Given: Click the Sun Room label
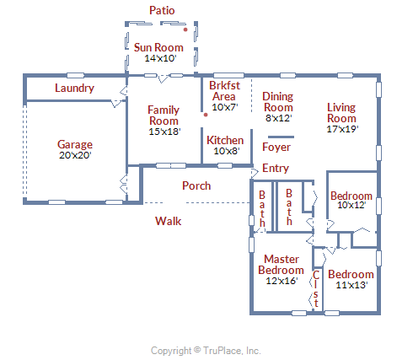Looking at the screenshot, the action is (158, 47).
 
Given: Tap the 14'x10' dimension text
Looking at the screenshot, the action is (160, 58).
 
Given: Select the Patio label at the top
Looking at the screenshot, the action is (162, 10).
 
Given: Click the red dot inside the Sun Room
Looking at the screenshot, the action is (185, 30).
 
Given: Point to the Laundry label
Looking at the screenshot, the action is (74, 88).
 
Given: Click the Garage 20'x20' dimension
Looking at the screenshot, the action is (75, 155).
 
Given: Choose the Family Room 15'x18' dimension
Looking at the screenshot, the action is (164, 132).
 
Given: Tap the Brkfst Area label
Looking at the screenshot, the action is (224, 91).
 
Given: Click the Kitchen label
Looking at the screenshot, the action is (225, 140).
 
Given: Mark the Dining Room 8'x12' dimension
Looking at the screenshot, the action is (278, 118).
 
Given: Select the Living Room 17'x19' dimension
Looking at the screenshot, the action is (342, 129).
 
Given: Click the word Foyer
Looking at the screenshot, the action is (276, 147).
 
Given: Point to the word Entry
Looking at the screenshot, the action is (276, 168).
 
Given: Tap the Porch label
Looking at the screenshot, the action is (196, 185).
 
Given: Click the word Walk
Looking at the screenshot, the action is (168, 221).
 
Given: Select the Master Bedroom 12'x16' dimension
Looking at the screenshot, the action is (282, 281).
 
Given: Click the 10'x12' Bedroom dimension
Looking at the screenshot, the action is (351, 205).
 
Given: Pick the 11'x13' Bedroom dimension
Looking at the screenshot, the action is (351, 285).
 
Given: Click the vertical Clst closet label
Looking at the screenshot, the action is (316, 288).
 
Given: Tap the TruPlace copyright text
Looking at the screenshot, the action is (206, 351).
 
